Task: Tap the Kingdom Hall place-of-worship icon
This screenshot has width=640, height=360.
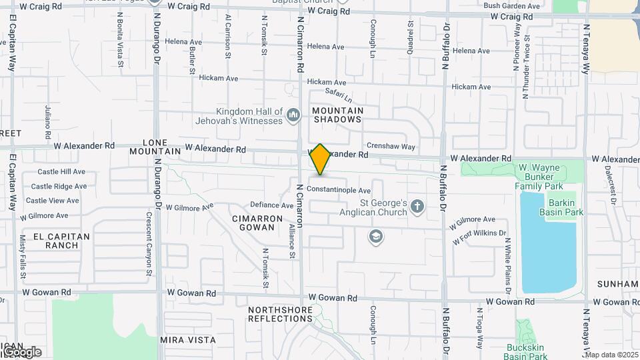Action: (x=293, y=117)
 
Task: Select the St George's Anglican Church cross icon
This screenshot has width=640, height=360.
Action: (x=417, y=207)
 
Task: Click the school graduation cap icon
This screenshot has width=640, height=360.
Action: (x=376, y=236)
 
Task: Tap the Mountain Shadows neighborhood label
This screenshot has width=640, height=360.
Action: (x=337, y=115)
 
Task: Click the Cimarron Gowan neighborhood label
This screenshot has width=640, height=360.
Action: (x=253, y=223)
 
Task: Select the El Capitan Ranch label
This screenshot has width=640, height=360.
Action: (x=56, y=241)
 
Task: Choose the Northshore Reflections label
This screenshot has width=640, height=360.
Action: (x=280, y=314)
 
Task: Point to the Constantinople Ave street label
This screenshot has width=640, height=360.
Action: (x=339, y=190)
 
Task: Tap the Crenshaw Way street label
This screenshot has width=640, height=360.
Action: (x=391, y=147)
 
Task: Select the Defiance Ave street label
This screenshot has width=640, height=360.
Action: (x=271, y=205)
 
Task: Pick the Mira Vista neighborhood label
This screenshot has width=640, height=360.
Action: (x=188, y=339)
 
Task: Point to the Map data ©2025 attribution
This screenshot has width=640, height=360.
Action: (x=611, y=355)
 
